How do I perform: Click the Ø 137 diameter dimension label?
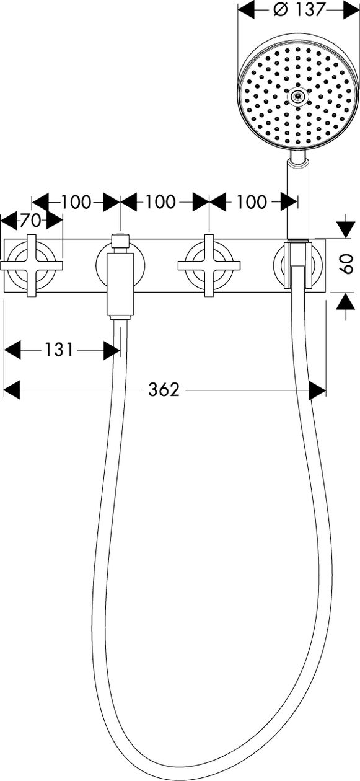coord(299,9)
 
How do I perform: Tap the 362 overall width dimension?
coord(164,389)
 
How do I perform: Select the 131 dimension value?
coord(59,350)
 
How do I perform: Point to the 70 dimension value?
coord(32,220)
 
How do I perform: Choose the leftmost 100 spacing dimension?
coord(76,202)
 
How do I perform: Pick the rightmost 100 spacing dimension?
coord(252,202)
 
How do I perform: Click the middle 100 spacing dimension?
coord(160,202)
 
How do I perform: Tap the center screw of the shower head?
coord(297,95)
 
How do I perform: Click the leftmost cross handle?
coord(32,265)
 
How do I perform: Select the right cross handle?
coord(209,265)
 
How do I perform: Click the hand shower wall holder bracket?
coord(298,264)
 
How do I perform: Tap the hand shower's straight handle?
coord(297,200)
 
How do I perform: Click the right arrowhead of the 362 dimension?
coord(317,389)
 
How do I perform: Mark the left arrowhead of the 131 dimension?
coord(12,350)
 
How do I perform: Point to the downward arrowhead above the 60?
coord(345,230)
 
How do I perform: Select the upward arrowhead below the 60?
coord(345,301)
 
